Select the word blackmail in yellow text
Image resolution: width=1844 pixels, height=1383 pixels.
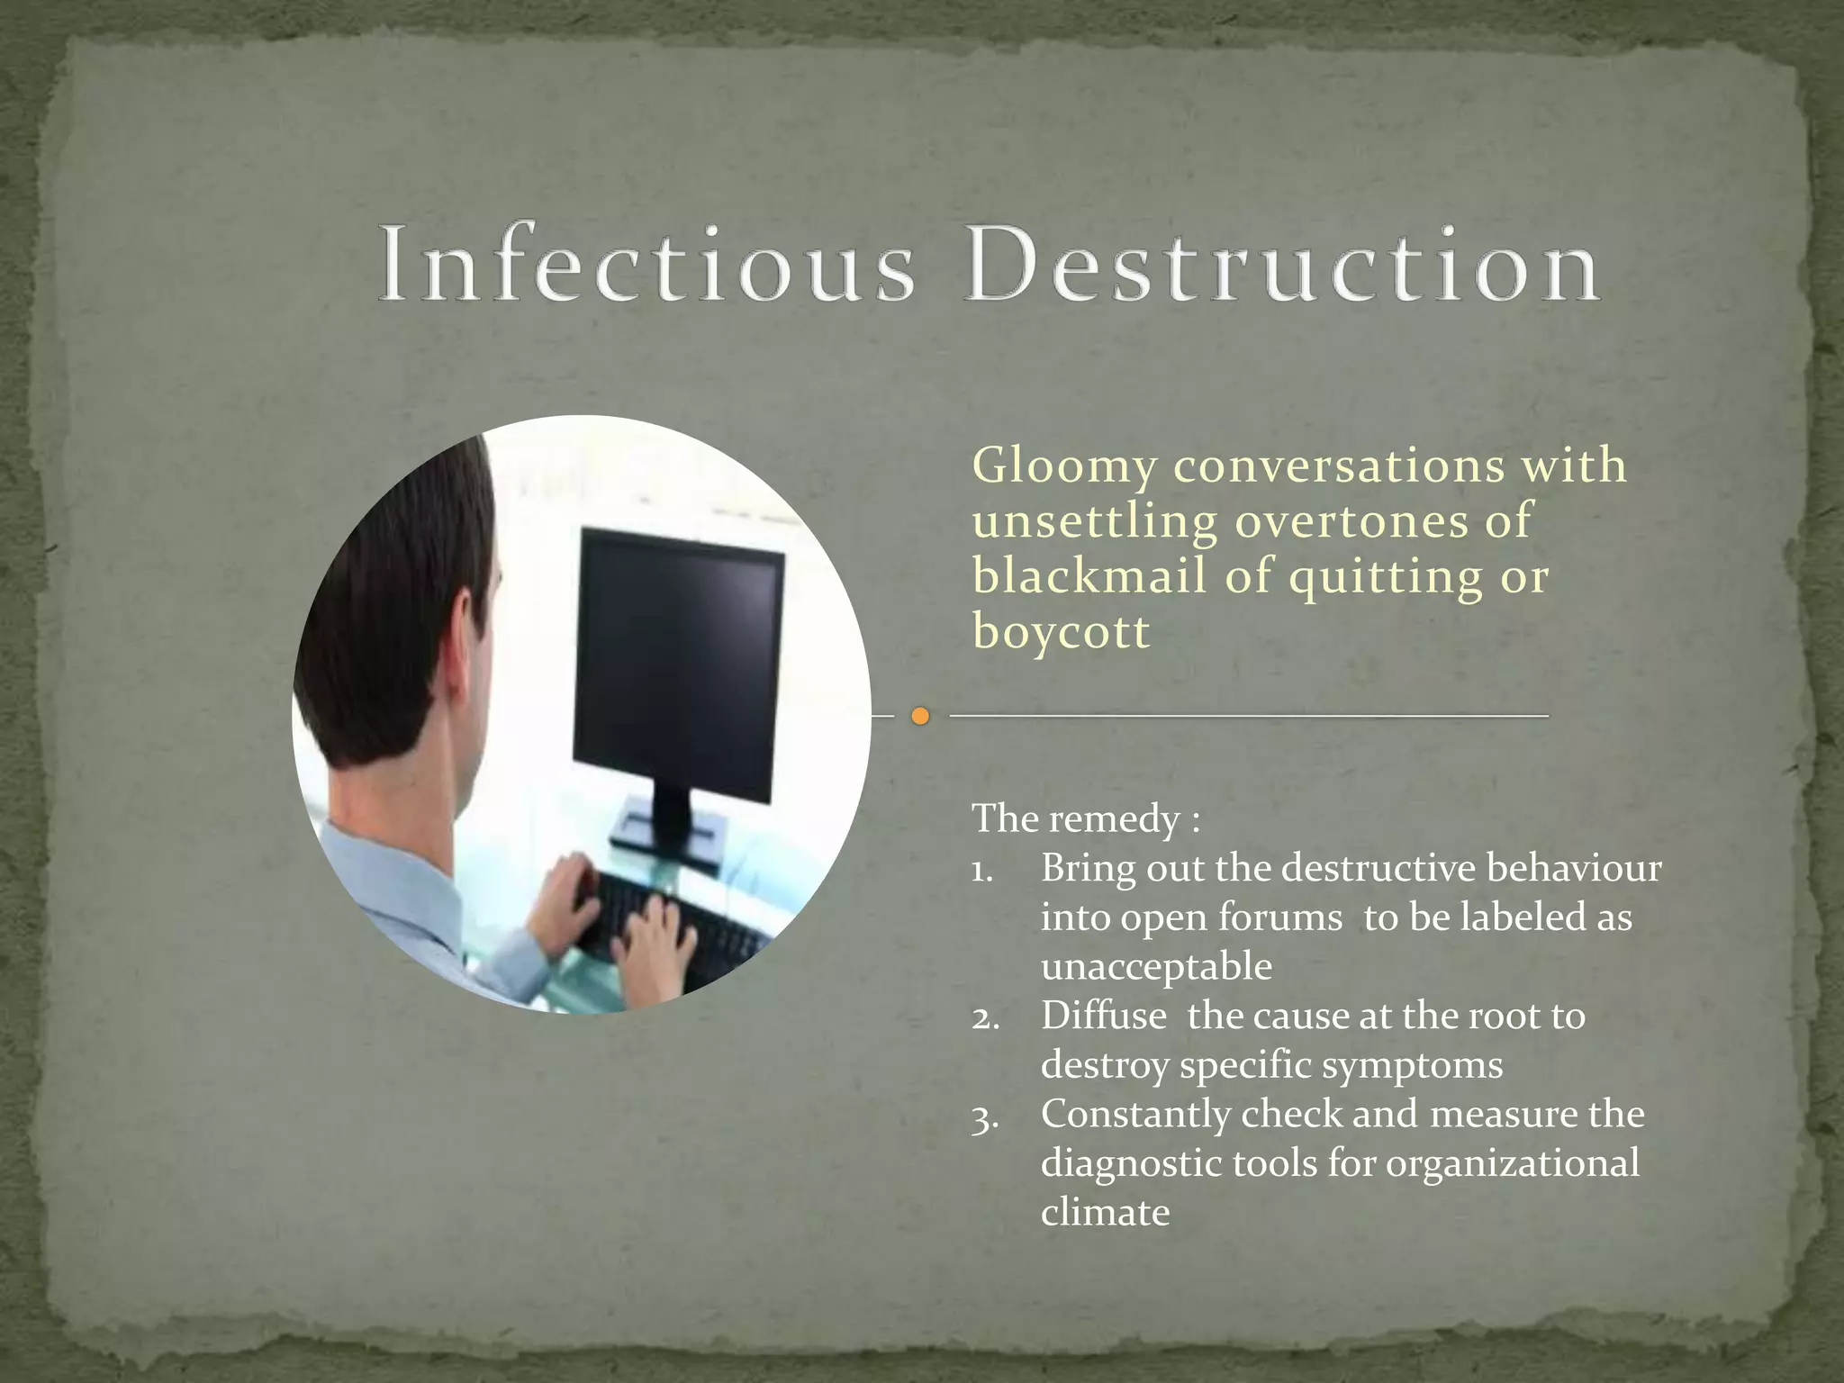click(1089, 576)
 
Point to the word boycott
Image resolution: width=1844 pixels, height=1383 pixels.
click(1061, 631)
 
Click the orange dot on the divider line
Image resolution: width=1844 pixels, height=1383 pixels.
click(919, 717)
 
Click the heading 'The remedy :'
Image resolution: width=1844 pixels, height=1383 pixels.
click(1085, 819)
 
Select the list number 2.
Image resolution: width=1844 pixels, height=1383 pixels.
click(985, 1018)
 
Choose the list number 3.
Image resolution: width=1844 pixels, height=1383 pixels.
click(984, 1117)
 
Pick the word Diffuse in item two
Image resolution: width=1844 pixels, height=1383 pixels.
click(1103, 1017)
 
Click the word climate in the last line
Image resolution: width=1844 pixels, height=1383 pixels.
click(1105, 1213)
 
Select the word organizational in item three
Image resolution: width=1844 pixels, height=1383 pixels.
click(1512, 1163)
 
